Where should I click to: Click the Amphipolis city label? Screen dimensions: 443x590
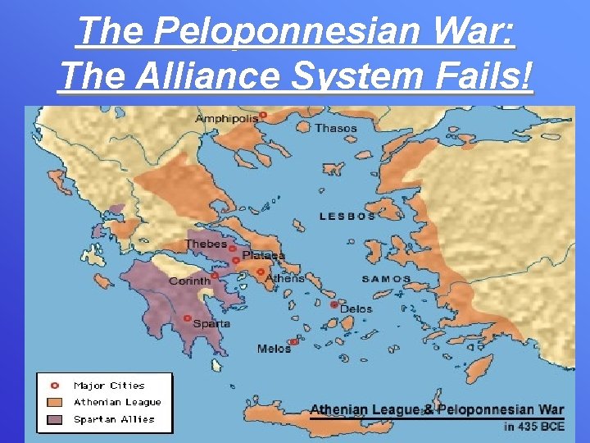point(226,118)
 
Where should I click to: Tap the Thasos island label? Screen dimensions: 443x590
point(336,128)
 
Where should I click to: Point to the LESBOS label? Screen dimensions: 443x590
point(347,217)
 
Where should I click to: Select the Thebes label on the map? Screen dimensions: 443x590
point(206,244)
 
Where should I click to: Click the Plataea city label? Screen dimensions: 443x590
point(263,256)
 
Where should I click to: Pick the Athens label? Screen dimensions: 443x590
point(284,278)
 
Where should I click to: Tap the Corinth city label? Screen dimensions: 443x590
point(189,281)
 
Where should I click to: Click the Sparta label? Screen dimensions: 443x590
point(211,323)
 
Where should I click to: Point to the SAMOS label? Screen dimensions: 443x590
point(387,279)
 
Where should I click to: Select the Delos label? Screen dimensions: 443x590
point(356,309)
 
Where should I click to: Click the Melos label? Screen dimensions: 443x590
point(274,349)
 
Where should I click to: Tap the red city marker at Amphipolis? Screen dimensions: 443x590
point(263,116)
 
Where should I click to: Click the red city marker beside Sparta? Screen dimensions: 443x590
point(188,318)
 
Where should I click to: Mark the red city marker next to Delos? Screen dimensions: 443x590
point(334,304)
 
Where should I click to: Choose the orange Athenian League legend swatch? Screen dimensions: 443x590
point(56,402)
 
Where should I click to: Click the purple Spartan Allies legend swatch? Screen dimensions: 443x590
point(56,419)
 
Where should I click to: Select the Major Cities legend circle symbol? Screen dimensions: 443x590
point(56,385)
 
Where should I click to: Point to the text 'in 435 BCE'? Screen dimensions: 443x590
point(533,426)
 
